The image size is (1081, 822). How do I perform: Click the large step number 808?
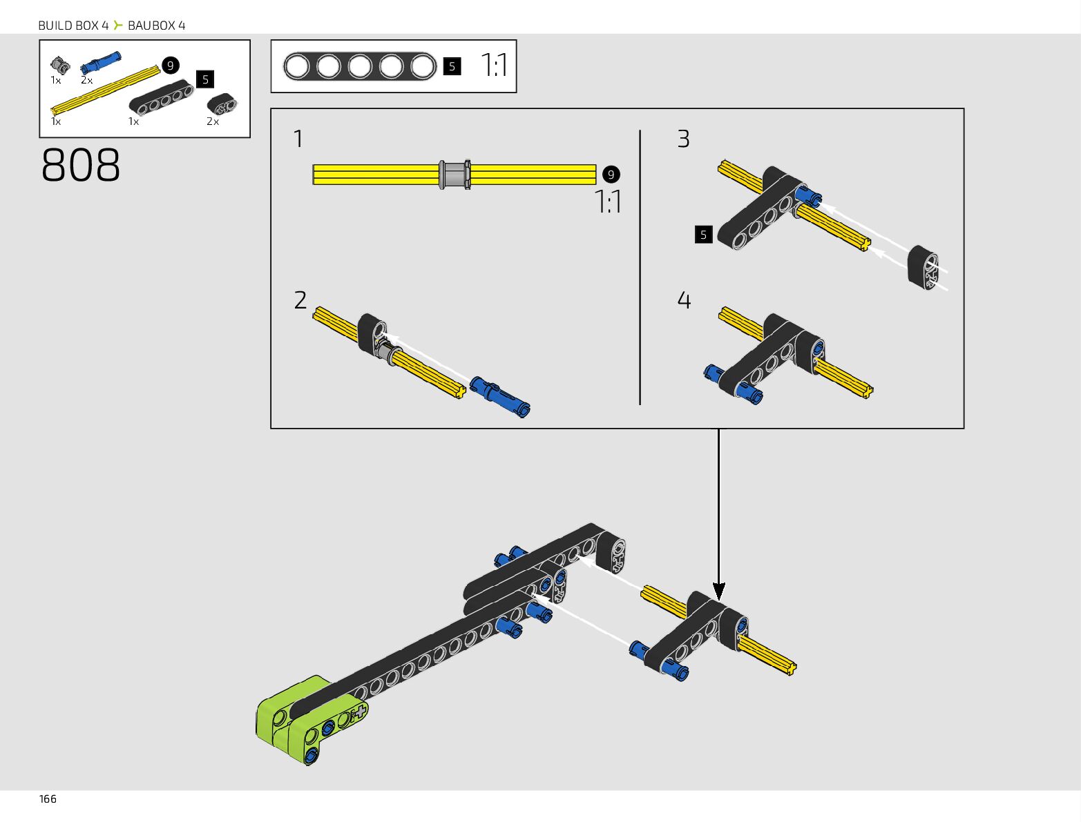pos(81,166)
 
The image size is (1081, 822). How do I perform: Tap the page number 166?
pos(48,799)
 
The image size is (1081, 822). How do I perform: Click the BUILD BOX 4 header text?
pos(73,26)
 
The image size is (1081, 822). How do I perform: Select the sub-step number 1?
pos(298,139)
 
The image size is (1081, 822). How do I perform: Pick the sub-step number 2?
pos(300,300)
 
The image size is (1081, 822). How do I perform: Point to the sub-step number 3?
pos(683,139)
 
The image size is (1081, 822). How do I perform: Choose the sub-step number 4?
pos(684,300)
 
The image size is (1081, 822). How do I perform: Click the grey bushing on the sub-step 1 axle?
pos(455,175)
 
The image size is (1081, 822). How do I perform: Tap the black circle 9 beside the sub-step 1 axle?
pos(611,175)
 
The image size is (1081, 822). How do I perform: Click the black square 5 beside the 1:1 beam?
pos(452,66)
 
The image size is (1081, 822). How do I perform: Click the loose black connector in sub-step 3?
pos(924,266)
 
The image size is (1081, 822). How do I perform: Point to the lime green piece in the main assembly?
pos(283,714)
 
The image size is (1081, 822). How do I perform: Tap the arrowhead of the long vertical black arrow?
pos(719,591)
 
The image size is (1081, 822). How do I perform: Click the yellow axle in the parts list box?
pos(105,90)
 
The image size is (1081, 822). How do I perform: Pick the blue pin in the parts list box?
pos(100,62)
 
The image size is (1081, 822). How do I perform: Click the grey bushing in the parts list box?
pos(60,66)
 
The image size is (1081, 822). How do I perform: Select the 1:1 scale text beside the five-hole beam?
pos(495,66)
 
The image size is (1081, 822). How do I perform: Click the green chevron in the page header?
pos(118,26)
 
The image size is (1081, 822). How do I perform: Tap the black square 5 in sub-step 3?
pos(703,235)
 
